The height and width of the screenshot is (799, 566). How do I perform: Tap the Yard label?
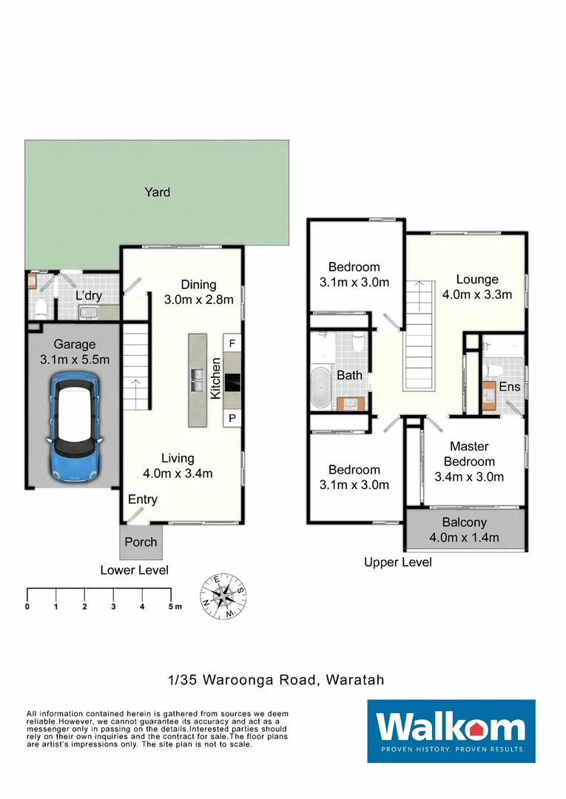pos(157,192)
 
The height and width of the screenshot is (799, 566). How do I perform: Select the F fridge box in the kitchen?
pos(232,343)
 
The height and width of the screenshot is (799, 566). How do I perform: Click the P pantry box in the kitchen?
pos(232,418)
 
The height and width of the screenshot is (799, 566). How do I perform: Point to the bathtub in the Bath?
pos(321,387)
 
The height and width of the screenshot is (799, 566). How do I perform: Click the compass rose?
pos(223,596)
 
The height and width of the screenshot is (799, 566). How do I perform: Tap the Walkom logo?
pos(451,731)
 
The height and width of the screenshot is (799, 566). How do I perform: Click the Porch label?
pos(141,542)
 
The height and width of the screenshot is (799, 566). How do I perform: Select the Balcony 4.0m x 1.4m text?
pos(464,530)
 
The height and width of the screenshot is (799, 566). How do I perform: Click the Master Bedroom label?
pos(469,454)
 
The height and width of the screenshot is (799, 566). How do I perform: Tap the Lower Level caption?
pos(134,570)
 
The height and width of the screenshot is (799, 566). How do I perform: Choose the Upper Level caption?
pos(398,562)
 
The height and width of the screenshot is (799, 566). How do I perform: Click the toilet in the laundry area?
pos(41,308)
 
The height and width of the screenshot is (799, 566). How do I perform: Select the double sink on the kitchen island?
pos(197,380)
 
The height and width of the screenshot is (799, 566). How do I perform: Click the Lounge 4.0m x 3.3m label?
pos(477,287)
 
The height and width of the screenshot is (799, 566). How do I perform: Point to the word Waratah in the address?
pos(355,680)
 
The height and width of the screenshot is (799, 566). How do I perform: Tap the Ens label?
pos(510,387)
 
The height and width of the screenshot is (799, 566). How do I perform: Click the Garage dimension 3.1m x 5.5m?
pos(75,360)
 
